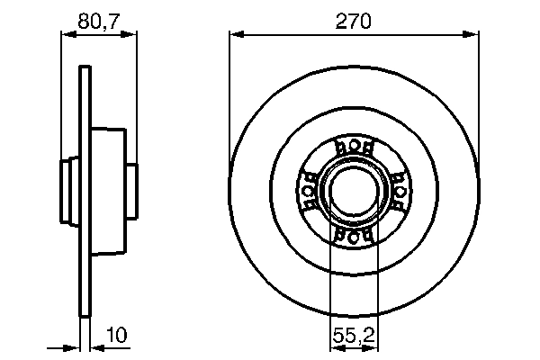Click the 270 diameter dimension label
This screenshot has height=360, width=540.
tap(353, 21)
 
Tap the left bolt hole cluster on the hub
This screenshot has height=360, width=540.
tap(308, 191)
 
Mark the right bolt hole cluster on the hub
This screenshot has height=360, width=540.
tap(397, 191)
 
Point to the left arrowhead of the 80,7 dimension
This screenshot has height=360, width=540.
tap(66, 34)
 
